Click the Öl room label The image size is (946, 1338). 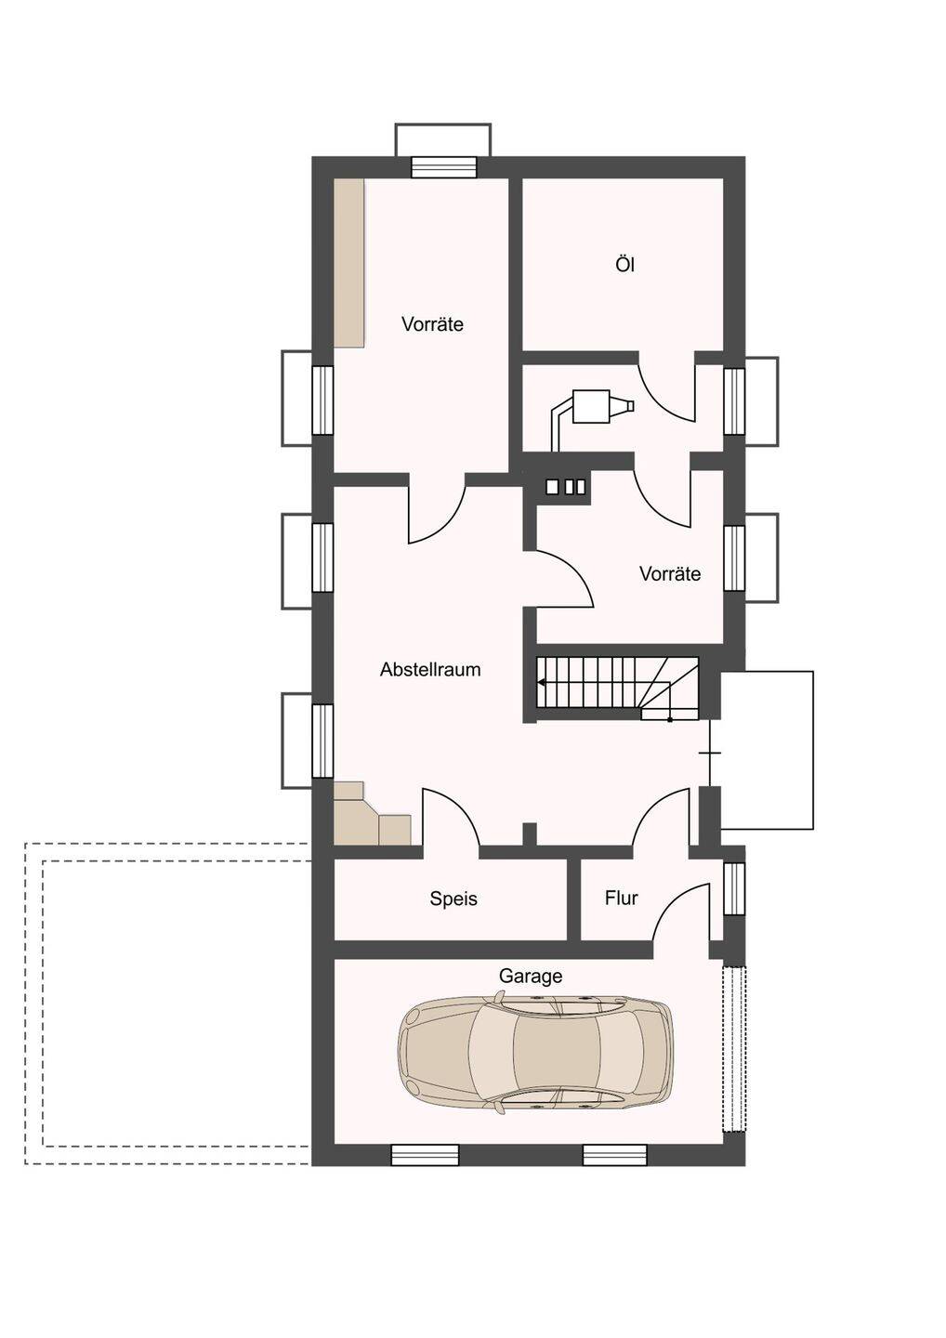point(624,264)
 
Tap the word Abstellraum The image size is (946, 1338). point(430,670)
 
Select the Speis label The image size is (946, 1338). point(453,899)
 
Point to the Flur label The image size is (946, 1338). point(621,898)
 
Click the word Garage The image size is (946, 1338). point(531,976)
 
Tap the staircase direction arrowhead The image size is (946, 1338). point(541,682)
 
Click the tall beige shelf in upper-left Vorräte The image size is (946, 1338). point(348,263)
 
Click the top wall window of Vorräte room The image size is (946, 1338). point(444,167)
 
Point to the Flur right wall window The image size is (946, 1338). point(734,888)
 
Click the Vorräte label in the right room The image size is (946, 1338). point(669,574)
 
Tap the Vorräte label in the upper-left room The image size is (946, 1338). point(432,324)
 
